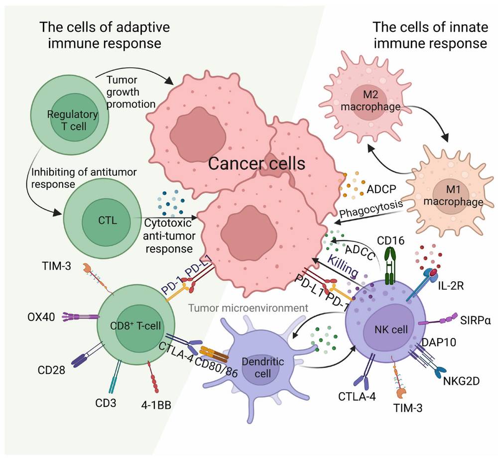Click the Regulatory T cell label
[x=73, y=120]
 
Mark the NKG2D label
[x=461, y=382]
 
